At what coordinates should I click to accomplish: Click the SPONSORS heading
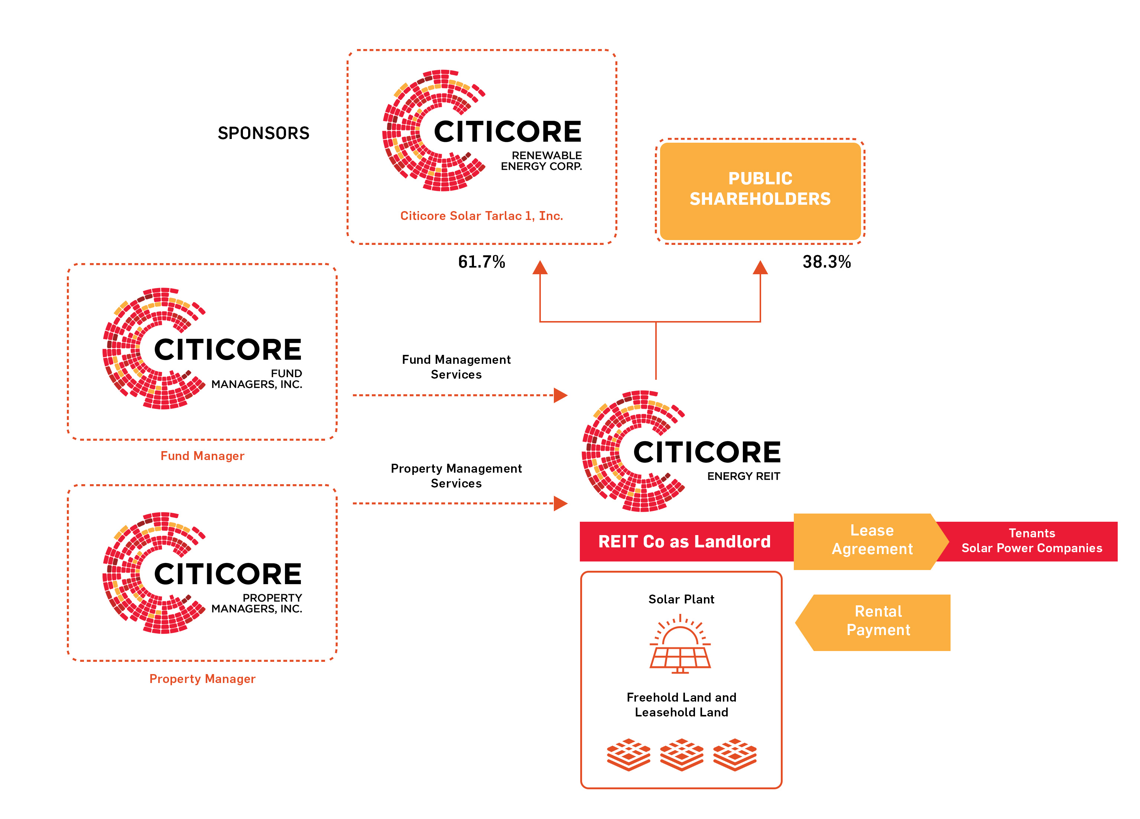[263, 133]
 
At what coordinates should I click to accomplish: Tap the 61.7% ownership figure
[481, 262]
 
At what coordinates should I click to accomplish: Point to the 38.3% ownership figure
[826, 262]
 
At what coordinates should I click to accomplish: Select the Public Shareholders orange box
[760, 191]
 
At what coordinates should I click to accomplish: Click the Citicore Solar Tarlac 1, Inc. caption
[481, 216]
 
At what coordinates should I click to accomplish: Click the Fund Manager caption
[202, 456]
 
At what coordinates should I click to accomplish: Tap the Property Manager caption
[202, 679]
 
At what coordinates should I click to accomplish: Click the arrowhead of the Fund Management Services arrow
[561, 395]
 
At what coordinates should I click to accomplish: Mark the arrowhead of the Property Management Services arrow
[561, 503]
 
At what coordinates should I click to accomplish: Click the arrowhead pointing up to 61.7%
[540, 268]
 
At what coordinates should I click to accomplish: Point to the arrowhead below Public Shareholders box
[760, 268]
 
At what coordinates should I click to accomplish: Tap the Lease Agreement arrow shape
[871, 541]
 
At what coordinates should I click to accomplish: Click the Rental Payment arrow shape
[873, 622]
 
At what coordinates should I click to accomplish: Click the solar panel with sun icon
[680, 644]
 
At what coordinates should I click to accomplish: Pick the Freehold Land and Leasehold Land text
[681, 705]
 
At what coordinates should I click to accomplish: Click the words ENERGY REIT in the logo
[743, 476]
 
